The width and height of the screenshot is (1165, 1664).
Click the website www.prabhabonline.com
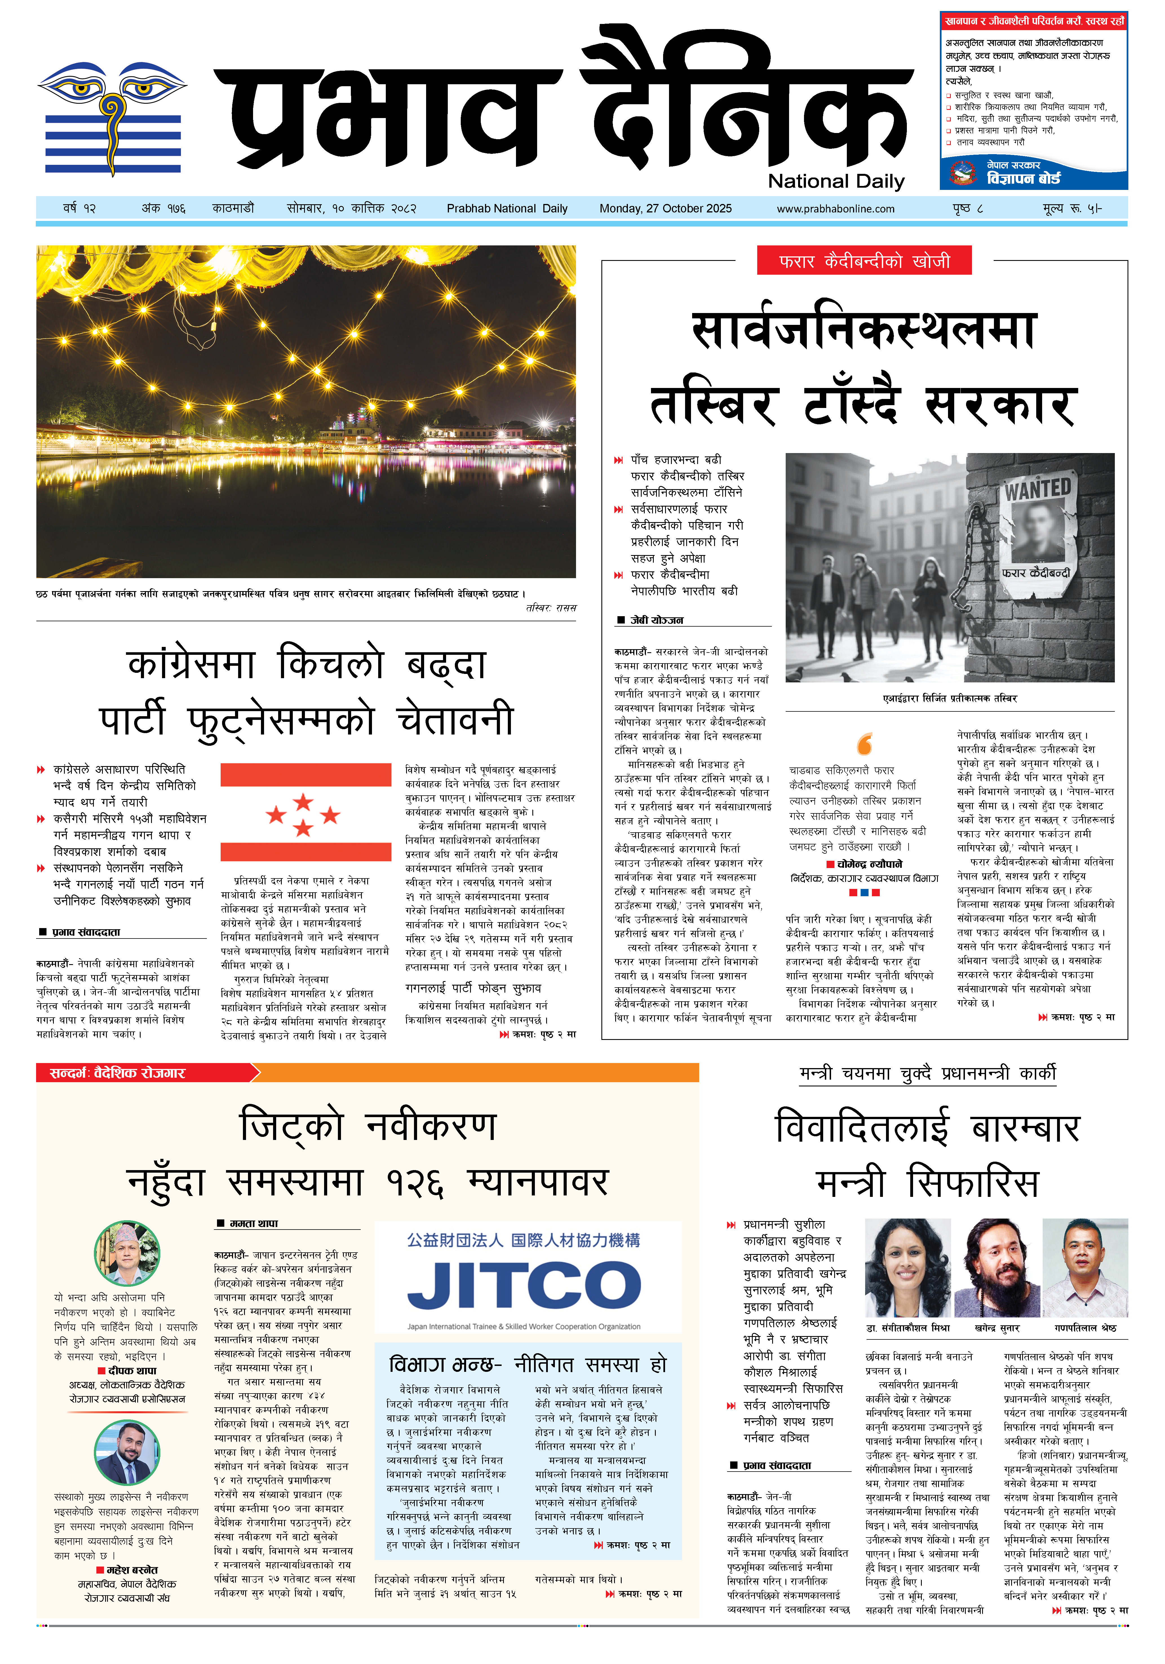pyautogui.click(x=835, y=209)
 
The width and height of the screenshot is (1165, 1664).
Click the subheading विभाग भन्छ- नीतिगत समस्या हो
pyautogui.click(x=527, y=1365)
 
